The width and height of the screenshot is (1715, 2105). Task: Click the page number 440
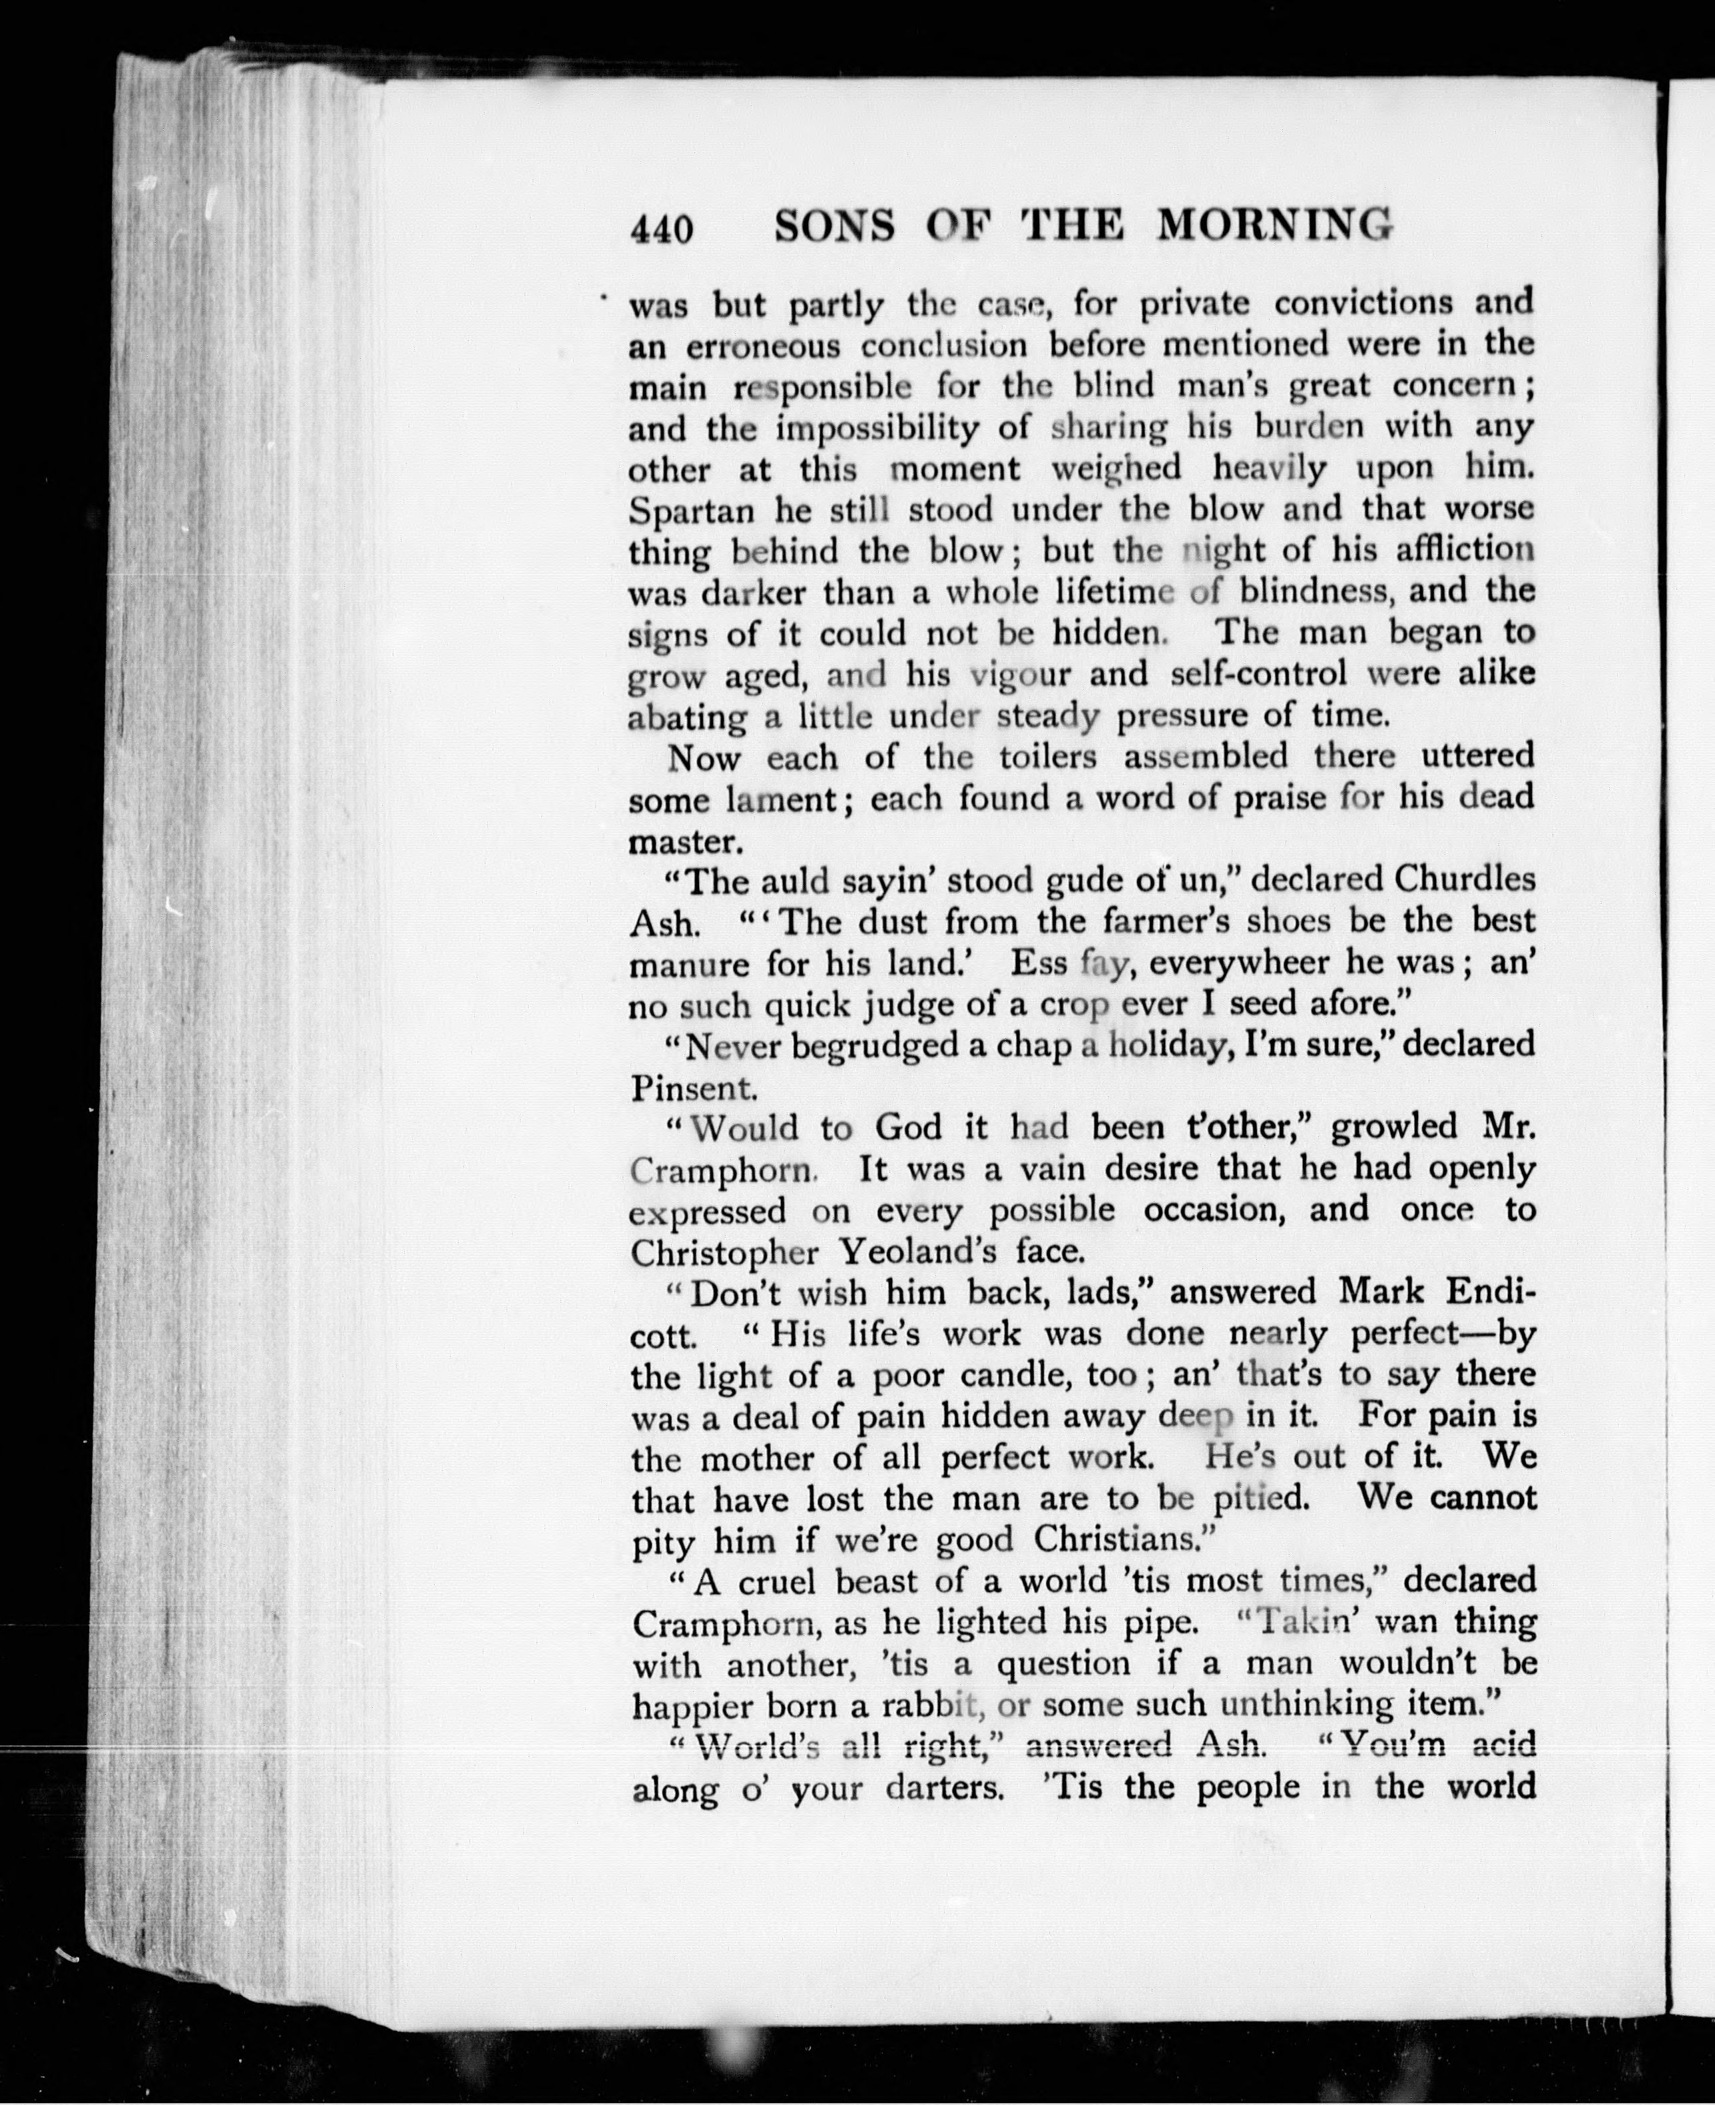661,228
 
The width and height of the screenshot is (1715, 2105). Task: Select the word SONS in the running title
835,226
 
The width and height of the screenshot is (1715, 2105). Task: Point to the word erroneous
763,347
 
